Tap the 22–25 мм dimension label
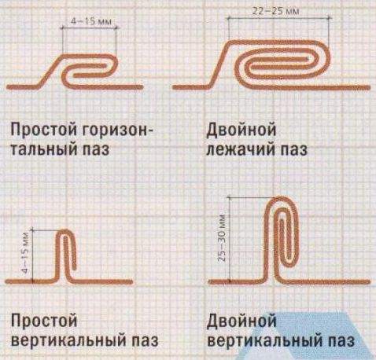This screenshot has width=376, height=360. [x=276, y=11]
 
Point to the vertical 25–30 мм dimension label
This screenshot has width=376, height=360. [x=222, y=238]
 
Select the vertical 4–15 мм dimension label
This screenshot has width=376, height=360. [x=25, y=252]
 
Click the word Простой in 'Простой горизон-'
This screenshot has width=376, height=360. [x=45, y=130]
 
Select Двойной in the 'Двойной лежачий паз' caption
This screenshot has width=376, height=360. [x=241, y=130]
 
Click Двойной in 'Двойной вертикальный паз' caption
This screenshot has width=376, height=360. [x=241, y=321]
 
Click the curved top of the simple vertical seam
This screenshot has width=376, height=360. [x=65, y=231]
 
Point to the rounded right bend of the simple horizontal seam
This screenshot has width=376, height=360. [x=114, y=65]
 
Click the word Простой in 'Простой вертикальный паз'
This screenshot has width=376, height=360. [x=45, y=321]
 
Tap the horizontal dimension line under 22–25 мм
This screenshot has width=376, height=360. [x=278, y=18]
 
